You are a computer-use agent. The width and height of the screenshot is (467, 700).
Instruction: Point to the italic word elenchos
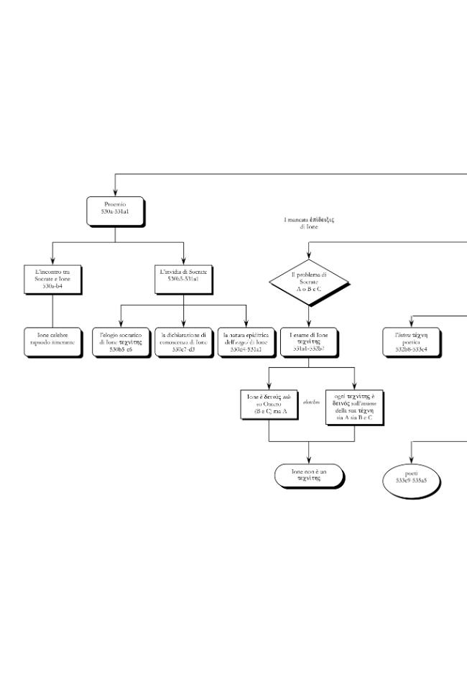pos(311,402)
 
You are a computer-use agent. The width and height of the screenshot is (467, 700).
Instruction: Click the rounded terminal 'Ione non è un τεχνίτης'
pos(309,475)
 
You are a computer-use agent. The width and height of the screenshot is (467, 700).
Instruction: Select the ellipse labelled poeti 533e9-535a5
pos(411,478)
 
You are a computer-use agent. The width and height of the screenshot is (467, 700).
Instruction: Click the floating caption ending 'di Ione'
pos(309,222)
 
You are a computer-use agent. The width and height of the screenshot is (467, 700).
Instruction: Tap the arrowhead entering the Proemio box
pos(115,193)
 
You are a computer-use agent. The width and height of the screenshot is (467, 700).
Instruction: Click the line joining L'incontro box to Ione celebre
pos(52,310)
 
